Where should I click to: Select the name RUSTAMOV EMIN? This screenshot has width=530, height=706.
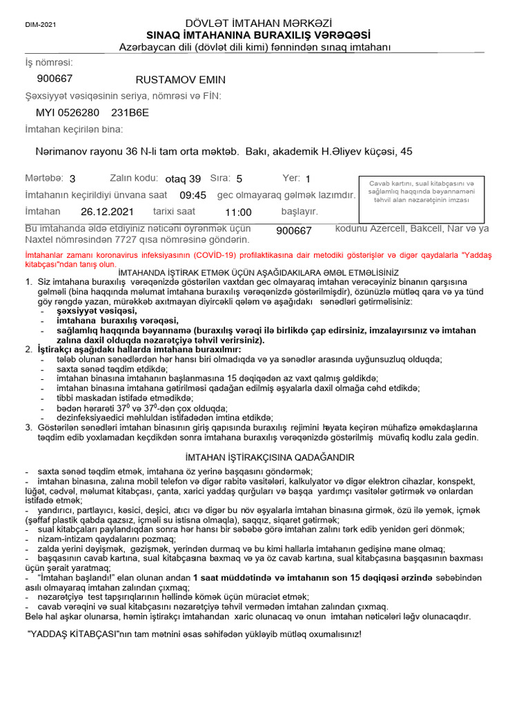pos(181,80)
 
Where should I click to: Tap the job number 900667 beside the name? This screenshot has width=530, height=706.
pos(55,79)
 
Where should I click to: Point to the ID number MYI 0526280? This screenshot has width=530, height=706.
pos(68,112)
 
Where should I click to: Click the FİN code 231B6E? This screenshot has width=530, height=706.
pos(130,112)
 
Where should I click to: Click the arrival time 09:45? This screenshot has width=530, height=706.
pos(193,195)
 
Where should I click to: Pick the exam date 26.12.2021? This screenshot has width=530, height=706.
pos(107,212)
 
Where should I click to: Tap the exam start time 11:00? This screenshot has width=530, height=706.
pos(238,212)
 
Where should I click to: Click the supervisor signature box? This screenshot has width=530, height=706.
pos(422,192)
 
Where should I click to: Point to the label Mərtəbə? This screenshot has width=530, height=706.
pos(44,178)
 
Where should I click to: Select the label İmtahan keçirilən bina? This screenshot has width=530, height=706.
pos(74,130)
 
